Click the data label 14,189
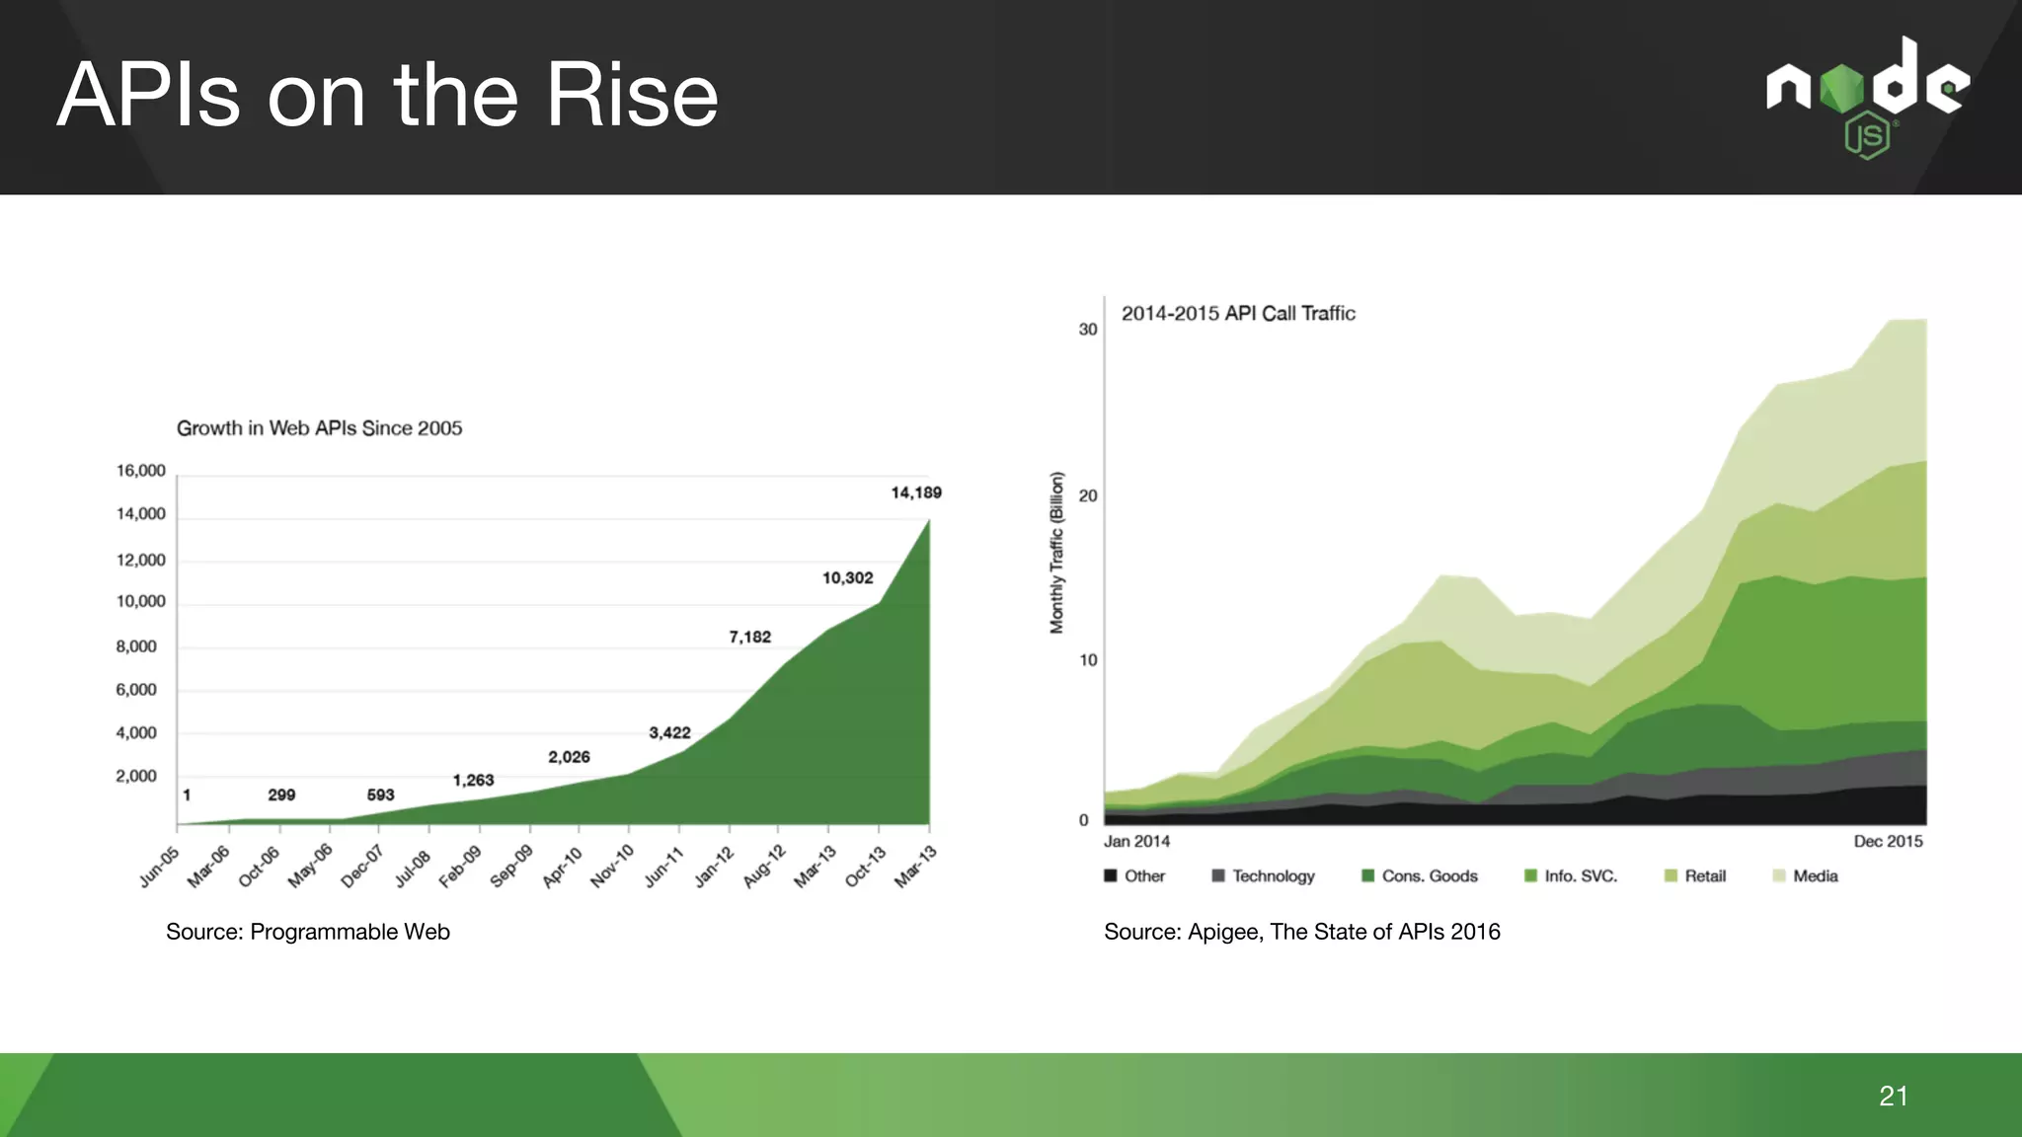point(916,493)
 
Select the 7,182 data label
point(749,638)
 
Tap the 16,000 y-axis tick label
point(141,471)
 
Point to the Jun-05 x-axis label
point(160,867)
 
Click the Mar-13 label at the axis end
point(915,867)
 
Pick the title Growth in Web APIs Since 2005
point(319,428)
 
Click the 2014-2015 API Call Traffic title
point(1238,314)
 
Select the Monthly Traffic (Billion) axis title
point(1057,553)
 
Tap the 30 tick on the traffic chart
point(1088,330)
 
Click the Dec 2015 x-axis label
point(1888,842)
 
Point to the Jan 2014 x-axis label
point(1136,842)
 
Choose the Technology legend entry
point(1273,876)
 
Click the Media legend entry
point(1815,876)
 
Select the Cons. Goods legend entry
point(1429,876)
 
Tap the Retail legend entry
point(1704,876)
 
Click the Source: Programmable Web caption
point(308,932)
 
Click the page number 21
point(1893,1096)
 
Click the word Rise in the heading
point(632,96)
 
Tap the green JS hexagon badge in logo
point(1867,136)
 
